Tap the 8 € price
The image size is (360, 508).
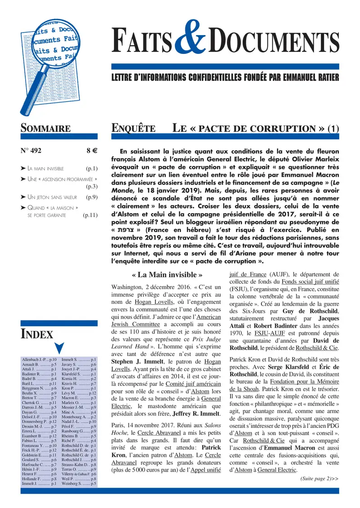pyautogui.click(x=93, y=151)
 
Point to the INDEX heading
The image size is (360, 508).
pyautogui.click(x=37, y=334)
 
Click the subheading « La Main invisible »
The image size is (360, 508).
pyautogui.click(x=164, y=274)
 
